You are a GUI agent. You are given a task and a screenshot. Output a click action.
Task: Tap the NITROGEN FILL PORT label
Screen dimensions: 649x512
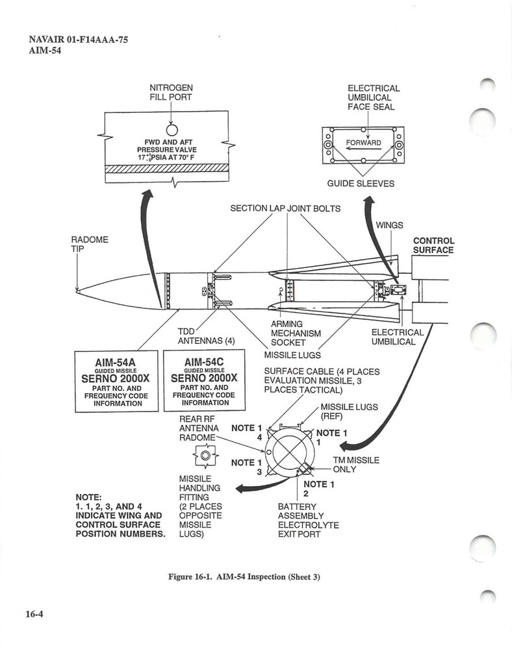[x=171, y=93]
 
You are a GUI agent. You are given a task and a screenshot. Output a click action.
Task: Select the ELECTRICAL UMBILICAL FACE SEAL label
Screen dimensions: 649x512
[x=374, y=97]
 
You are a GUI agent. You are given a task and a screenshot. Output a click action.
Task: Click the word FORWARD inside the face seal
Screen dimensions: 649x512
[x=363, y=143]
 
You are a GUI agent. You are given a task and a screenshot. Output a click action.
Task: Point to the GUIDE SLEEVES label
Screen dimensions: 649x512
[x=361, y=184]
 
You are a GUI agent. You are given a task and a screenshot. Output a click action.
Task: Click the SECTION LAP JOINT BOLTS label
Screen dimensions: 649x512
[x=285, y=208]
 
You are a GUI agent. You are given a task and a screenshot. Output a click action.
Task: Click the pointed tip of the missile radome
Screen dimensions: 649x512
[x=77, y=291]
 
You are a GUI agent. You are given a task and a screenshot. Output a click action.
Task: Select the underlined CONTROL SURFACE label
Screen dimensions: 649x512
[x=433, y=245]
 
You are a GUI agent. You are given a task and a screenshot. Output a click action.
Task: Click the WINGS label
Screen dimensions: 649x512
[x=389, y=225]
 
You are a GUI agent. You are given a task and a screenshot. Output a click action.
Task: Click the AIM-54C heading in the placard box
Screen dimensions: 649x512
[x=203, y=361]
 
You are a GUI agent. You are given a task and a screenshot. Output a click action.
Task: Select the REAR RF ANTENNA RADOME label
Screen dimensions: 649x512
[x=196, y=428]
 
